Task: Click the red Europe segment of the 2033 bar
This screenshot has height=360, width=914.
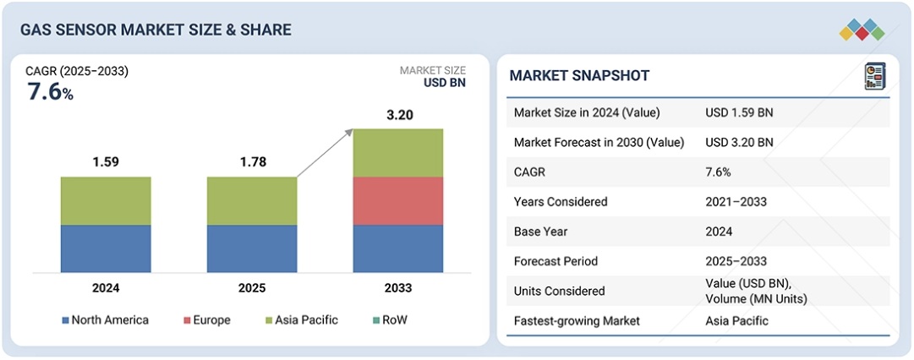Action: coord(398,200)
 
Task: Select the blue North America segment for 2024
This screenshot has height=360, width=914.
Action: coord(106,248)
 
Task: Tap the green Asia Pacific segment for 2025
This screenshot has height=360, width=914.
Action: coord(252,200)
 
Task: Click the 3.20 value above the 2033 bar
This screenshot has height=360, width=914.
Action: coord(398,115)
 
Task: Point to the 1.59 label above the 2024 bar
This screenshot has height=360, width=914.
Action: coord(106,162)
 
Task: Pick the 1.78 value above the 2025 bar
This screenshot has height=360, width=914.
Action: coord(252,162)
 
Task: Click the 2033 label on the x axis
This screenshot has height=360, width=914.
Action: coord(398,288)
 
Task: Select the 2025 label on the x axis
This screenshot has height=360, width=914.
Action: coord(252,288)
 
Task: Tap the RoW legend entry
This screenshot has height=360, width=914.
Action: coord(393,320)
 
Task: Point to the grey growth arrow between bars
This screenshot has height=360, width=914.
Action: coord(326,153)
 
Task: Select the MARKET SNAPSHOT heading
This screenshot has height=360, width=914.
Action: coord(579,76)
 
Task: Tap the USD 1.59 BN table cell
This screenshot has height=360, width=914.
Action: coord(739,112)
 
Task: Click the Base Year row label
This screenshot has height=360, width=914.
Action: coord(540,232)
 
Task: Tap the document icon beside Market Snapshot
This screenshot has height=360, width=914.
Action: coord(874,77)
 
